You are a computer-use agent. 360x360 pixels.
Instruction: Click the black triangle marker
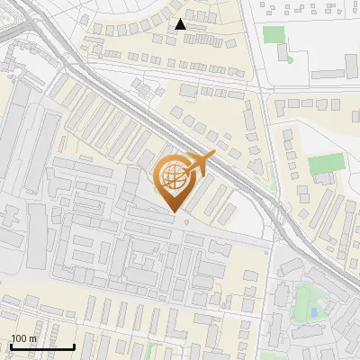tap(181, 24)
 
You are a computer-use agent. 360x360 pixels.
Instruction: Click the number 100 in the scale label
tap(18, 338)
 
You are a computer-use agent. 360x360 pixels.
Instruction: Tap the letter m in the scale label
tap(32, 338)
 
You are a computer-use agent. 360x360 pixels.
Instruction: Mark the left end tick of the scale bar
tap(10, 346)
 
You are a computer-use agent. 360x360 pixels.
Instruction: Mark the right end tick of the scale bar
tap(75, 346)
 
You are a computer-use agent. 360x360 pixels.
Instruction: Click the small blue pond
tap(313, 312)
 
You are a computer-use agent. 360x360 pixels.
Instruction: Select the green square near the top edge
tap(274, 34)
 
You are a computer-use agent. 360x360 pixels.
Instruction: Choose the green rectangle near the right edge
tap(326, 164)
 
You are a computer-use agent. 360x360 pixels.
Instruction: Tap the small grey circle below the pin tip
tap(186, 220)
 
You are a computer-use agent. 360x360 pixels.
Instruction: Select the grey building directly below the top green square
tap(283, 52)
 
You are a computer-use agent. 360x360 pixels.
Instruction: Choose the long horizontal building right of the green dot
tap(328, 73)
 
